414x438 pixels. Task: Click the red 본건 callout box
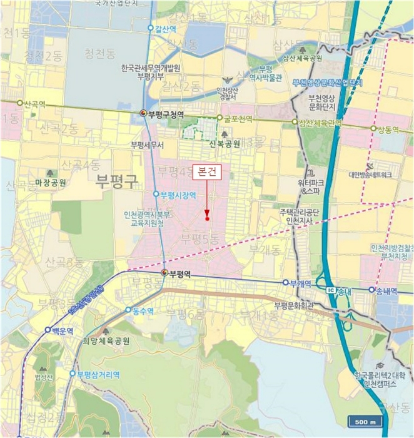point(206,170)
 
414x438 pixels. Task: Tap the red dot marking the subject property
point(207,219)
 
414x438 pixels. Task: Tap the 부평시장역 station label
point(178,195)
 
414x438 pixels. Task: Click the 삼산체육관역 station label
point(320,123)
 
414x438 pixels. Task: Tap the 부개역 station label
point(300,283)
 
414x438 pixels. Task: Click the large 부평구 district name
point(116,182)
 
